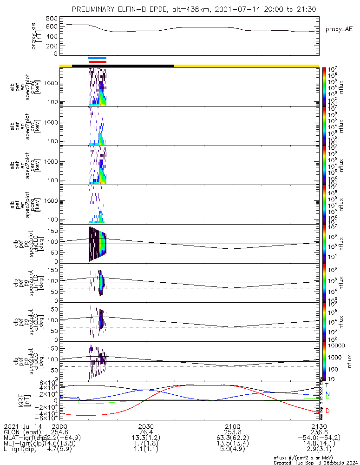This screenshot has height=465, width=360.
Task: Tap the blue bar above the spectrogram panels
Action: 97,58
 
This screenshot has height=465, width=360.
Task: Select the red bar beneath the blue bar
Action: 97,62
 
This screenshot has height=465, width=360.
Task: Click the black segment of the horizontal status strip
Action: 123,66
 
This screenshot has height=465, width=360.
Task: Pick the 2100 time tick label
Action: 232,426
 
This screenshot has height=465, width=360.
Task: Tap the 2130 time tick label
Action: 319,426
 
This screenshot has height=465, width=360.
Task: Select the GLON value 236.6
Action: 319,432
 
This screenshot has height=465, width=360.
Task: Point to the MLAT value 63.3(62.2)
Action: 232,438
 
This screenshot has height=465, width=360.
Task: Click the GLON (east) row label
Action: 23,432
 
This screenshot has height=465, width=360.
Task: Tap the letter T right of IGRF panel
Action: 327,385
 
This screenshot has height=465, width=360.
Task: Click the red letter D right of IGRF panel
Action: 327,411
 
